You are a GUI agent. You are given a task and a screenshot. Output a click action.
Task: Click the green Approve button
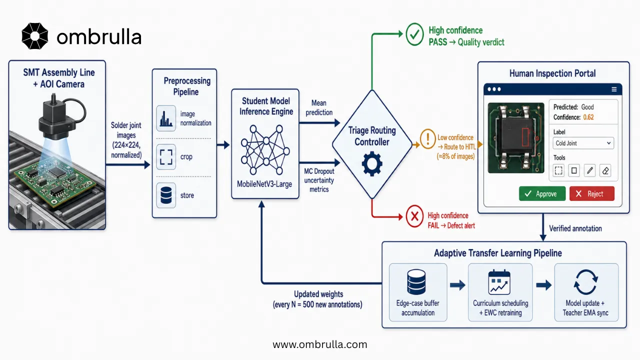click(x=542, y=193)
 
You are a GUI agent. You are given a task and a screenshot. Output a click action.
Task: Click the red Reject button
click(x=591, y=193)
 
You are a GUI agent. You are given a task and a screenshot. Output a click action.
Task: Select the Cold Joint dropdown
click(x=583, y=143)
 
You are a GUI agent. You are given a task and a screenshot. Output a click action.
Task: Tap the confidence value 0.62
click(x=588, y=117)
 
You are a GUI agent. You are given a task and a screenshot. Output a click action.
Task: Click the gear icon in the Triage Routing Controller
click(x=371, y=164)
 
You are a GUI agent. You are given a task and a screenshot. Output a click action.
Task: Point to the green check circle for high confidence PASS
click(x=414, y=34)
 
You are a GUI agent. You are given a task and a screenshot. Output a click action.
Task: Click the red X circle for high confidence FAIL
click(x=414, y=216)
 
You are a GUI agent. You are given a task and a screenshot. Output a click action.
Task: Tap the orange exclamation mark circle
click(x=427, y=139)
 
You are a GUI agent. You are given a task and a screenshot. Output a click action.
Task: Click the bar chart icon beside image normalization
click(x=166, y=118)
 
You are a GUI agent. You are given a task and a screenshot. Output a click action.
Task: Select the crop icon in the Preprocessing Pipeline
click(x=166, y=157)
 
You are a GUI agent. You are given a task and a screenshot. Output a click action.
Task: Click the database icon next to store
click(x=166, y=195)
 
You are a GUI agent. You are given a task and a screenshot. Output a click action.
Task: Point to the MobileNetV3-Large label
click(x=264, y=184)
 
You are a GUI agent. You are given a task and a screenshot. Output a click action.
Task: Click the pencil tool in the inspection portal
click(x=589, y=170)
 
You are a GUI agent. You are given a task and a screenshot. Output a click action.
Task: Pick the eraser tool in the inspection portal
click(x=605, y=170)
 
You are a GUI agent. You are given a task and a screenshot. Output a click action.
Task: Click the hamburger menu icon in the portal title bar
click(x=614, y=89)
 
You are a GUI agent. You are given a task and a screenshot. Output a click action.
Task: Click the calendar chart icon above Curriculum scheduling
click(x=499, y=282)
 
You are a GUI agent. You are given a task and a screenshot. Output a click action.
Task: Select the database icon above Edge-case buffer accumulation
click(x=416, y=282)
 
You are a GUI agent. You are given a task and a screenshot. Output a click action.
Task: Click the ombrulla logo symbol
click(x=35, y=36)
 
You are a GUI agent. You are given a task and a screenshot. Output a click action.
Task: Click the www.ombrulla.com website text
click(x=319, y=344)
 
